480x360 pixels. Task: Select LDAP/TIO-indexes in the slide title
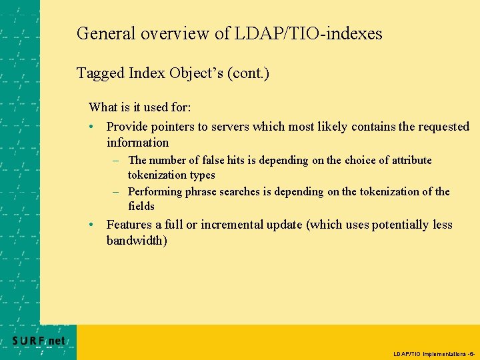pos(309,33)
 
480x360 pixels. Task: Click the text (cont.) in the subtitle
pos(248,73)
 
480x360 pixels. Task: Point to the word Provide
pos(127,127)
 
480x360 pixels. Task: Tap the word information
pos(137,143)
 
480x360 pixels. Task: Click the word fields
pos(141,207)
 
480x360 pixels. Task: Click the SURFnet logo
pos(39,341)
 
